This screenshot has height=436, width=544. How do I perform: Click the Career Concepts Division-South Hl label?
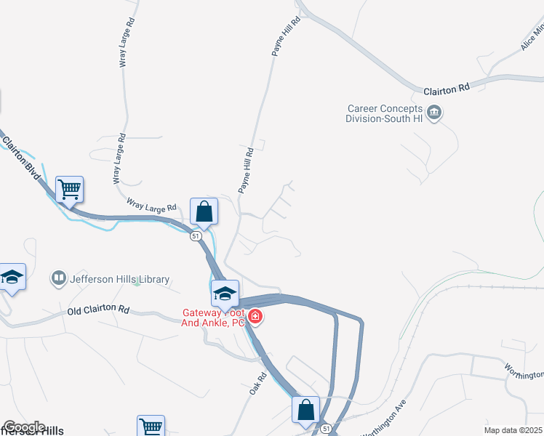pos(383,113)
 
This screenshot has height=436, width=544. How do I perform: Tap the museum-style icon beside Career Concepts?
pos(435,113)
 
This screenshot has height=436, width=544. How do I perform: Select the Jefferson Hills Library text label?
pos(119,279)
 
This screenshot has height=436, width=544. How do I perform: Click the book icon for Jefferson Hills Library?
pos(57,278)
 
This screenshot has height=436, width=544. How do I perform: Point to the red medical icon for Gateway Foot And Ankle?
pos(255,316)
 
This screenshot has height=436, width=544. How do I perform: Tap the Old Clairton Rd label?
pos(98,310)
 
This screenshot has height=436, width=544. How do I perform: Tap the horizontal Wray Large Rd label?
pos(151,207)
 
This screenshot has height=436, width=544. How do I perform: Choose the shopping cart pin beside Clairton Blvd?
pos(70,190)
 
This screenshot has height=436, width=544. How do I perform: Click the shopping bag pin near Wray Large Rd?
pos(204,211)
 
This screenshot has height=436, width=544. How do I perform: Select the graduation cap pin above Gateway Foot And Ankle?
pos(225,294)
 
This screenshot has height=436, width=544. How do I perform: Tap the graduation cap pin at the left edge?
pos(12,277)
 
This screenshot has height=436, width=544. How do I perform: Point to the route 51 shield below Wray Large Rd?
pos(195,236)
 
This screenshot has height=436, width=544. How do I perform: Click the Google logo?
pos(24,427)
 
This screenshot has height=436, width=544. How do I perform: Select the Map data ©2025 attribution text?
pos(513,430)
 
